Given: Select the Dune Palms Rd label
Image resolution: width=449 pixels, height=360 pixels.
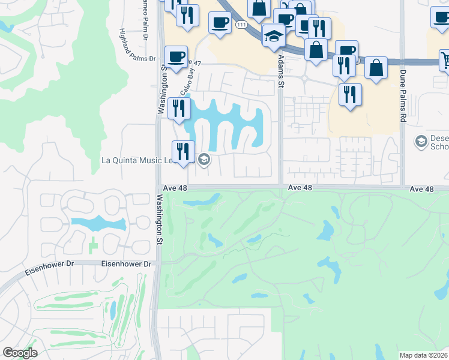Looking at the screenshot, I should (x=402, y=96).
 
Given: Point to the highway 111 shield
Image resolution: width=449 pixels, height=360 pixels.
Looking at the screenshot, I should (x=241, y=25).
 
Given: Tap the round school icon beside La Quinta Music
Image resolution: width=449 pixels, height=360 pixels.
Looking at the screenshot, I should (x=203, y=159).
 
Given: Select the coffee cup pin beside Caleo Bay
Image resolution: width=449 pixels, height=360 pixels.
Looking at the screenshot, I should (x=176, y=58).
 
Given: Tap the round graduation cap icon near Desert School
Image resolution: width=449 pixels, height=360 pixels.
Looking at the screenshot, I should (x=421, y=142).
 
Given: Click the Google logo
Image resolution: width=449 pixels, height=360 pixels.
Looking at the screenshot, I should (x=20, y=353).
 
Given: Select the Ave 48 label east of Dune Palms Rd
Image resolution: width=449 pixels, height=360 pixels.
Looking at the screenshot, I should (x=421, y=188).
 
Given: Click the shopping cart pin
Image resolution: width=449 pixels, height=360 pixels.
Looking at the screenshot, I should (x=445, y=60).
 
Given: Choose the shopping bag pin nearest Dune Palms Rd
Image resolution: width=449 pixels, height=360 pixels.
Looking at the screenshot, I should (x=376, y=68).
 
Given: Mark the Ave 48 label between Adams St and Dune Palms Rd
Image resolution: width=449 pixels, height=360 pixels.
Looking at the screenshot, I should (x=300, y=188).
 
